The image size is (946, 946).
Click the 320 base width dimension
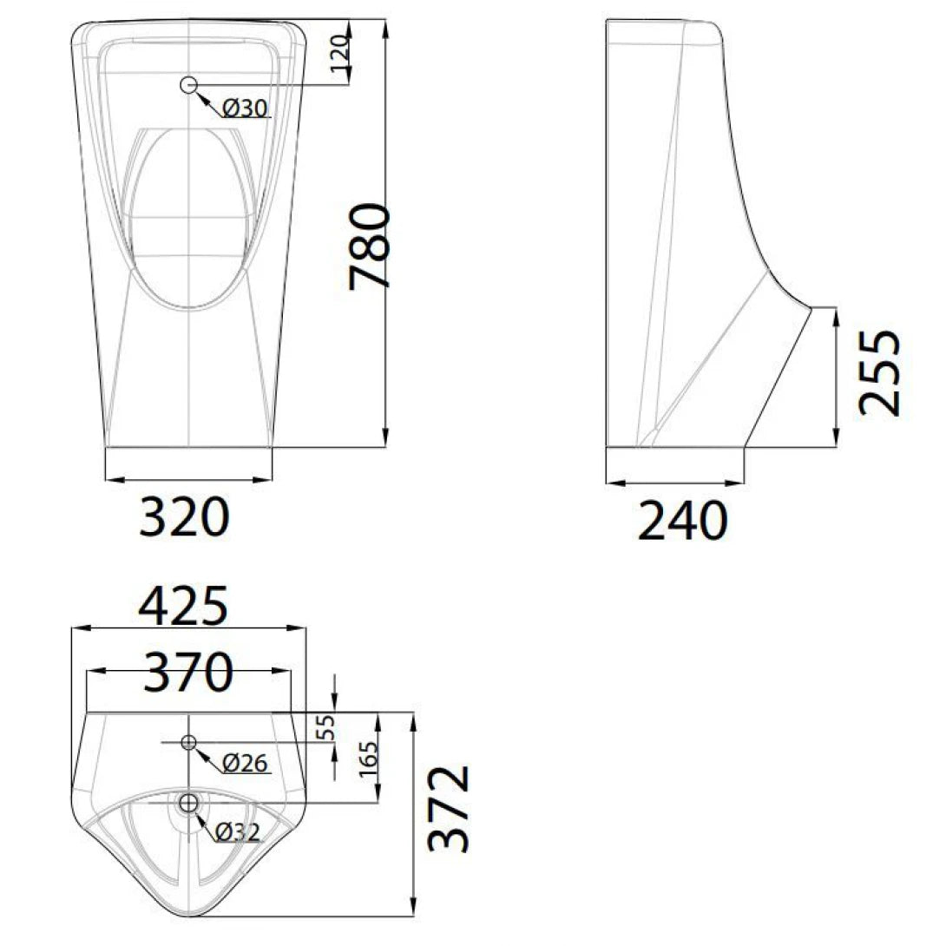(185, 517)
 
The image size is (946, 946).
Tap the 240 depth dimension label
(682, 522)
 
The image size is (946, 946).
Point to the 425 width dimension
(185, 606)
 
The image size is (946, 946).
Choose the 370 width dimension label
(188, 672)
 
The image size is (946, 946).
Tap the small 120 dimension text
(341, 54)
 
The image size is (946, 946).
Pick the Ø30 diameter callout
(246, 108)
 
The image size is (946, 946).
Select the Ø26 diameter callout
(246, 764)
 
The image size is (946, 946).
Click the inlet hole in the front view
(189, 84)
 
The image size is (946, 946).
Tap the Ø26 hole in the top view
(188, 742)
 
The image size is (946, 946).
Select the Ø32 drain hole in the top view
(188, 804)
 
